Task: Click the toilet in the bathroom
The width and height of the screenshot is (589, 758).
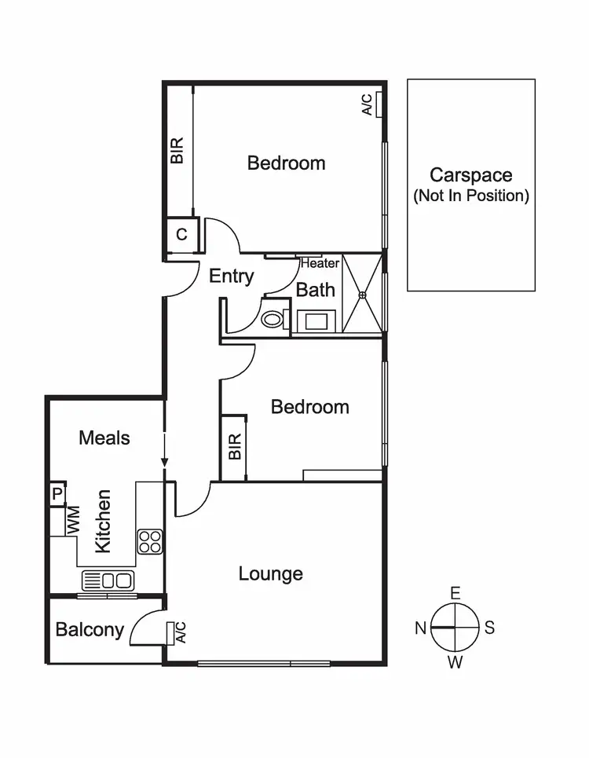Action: (273, 319)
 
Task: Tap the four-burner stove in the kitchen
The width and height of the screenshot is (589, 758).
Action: (150, 541)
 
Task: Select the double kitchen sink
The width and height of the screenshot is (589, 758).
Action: (109, 581)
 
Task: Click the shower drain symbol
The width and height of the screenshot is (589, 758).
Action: (363, 295)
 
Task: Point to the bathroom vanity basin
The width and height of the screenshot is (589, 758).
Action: (318, 320)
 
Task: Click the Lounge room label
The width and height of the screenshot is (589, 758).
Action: (270, 574)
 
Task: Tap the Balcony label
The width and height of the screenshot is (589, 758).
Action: (90, 629)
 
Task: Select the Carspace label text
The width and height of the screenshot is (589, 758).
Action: (470, 176)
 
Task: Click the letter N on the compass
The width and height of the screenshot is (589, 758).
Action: (421, 628)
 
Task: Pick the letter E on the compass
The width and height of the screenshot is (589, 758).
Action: (455, 593)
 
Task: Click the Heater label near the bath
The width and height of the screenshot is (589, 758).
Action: (319, 264)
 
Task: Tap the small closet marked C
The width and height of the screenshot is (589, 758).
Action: (181, 234)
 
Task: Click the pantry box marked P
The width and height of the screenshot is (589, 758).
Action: (57, 494)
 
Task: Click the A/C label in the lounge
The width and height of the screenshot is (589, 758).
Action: (180, 632)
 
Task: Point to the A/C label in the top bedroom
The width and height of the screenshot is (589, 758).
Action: (367, 104)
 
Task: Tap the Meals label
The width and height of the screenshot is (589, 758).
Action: (104, 438)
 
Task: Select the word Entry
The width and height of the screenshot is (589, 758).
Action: (232, 276)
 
